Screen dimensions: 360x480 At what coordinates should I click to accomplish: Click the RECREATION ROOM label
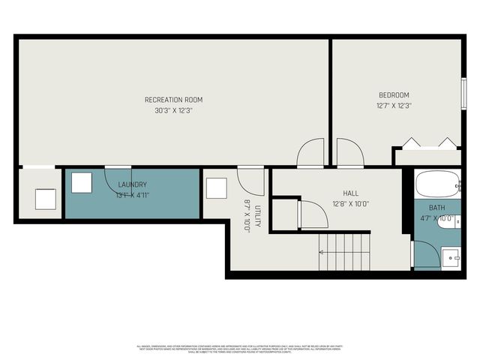tap(173, 100)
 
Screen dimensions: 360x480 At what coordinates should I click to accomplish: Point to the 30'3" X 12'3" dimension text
tap(173, 111)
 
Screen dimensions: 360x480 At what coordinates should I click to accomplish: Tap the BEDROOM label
tap(394, 95)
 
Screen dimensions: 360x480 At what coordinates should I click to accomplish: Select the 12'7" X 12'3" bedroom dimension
tap(394, 106)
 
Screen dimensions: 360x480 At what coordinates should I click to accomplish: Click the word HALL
tap(350, 193)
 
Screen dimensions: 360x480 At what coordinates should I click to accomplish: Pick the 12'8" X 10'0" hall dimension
tap(350, 203)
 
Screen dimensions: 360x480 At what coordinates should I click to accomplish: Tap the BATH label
tap(436, 208)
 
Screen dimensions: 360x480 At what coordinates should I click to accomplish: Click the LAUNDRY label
tap(132, 184)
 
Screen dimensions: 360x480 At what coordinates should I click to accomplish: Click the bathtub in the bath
tap(437, 184)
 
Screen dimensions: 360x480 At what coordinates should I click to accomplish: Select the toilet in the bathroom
tap(448, 221)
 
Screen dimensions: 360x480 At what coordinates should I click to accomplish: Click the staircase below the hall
tap(344, 251)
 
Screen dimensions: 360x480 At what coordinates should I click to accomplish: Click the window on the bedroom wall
tap(463, 94)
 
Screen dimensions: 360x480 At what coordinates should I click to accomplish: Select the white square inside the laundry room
tap(81, 184)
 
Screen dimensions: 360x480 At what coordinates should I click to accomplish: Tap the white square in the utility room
tap(216, 187)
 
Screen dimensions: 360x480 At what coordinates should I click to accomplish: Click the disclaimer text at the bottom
tap(239, 348)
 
